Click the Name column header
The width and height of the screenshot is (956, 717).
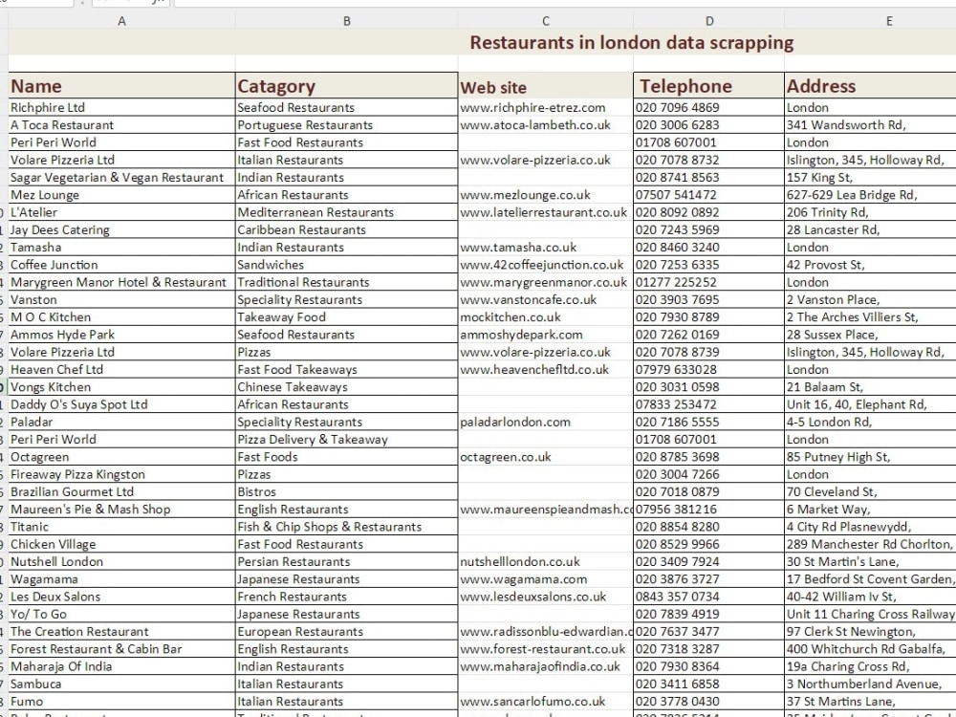click(36, 86)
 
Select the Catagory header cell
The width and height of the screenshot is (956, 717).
click(276, 86)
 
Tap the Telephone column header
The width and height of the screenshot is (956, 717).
click(685, 86)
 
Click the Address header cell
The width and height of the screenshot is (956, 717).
click(821, 86)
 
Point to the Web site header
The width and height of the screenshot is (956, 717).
click(493, 87)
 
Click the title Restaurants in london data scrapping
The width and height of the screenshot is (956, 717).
click(632, 42)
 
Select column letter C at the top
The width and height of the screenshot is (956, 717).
click(545, 21)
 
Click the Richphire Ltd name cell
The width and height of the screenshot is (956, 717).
click(48, 108)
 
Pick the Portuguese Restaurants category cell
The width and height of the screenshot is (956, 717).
click(305, 125)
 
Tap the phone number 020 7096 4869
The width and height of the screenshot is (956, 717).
click(678, 108)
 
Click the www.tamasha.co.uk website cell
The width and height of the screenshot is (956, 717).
click(518, 248)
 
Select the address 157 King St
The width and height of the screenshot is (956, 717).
click(819, 178)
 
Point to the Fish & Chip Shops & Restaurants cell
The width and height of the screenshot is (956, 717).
click(329, 527)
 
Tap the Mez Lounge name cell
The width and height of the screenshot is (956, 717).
click(45, 195)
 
